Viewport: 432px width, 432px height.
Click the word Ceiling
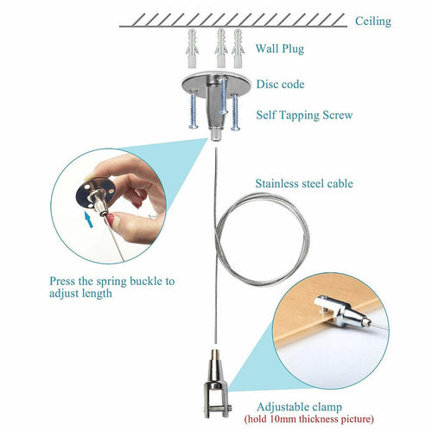point(373,21)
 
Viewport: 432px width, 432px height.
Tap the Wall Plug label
point(280,48)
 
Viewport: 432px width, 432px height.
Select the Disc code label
point(280,84)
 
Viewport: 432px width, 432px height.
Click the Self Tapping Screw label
point(304,115)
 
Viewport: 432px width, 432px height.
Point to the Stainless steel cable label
point(304,183)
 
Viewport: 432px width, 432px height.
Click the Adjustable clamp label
point(299,407)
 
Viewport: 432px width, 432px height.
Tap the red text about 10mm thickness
point(308,418)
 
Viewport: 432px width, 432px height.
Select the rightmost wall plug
point(238,48)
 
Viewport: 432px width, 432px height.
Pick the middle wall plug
point(221,48)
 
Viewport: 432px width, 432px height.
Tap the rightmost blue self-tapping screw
point(235,112)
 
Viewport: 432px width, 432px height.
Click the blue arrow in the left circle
point(89,219)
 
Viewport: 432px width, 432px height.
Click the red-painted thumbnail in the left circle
point(111,219)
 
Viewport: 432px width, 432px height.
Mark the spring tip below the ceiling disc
point(216,135)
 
